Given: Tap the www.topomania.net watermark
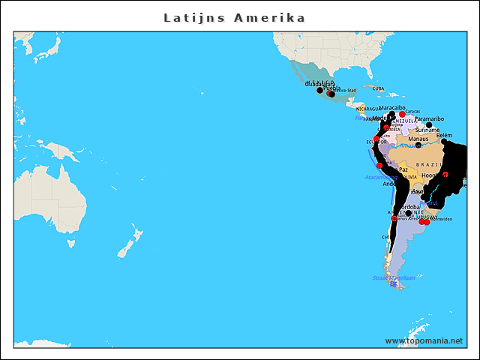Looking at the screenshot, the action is (x=424, y=341).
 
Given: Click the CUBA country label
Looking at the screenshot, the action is (x=378, y=88).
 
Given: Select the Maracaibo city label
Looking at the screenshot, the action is (x=392, y=108).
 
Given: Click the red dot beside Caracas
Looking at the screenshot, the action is (x=402, y=114).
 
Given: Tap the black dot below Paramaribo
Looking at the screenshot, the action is (x=429, y=124).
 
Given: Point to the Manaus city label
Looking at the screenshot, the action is (x=418, y=139).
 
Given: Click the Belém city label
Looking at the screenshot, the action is (x=445, y=136).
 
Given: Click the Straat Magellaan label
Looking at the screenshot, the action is (x=393, y=277).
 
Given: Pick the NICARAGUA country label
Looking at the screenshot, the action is (x=368, y=109).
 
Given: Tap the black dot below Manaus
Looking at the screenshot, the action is (x=418, y=145).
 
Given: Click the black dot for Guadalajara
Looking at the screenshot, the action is (x=320, y=91).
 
